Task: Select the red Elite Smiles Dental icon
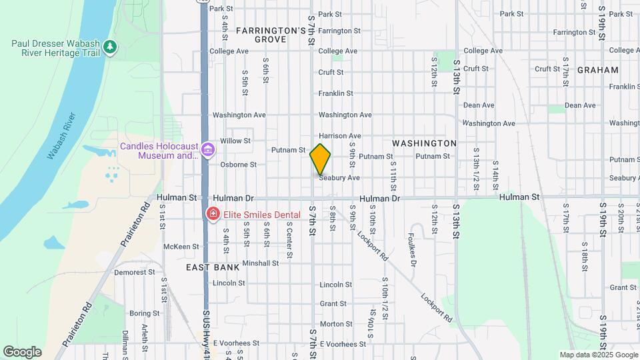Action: click(x=213, y=214)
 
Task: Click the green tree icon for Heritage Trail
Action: click(x=110, y=47)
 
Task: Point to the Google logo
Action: click(x=22, y=351)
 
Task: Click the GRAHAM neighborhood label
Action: click(x=598, y=70)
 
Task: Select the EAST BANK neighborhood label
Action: click(x=212, y=267)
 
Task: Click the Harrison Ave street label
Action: click(x=340, y=136)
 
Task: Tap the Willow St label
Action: click(x=235, y=141)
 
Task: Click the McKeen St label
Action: click(x=177, y=247)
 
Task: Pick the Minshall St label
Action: click(x=261, y=263)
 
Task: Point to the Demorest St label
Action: click(x=134, y=272)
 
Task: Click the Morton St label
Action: click(x=331, y=324)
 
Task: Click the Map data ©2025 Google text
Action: click(x=598, y=355)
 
